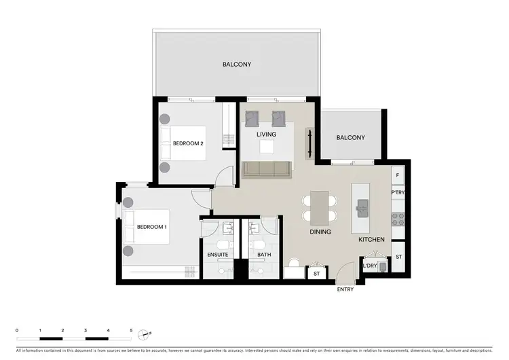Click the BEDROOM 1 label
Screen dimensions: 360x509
point(151,226)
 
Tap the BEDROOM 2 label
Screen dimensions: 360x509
point(188,143)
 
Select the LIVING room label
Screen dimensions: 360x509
point(266,134)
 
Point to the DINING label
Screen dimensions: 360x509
point(320,232)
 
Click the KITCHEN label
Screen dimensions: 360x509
point(372,239)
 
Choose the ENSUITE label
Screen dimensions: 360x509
point(217,255)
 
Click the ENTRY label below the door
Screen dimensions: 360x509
point(345,289)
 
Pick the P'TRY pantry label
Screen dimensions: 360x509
point(398,193)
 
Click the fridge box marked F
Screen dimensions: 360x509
point(398,175)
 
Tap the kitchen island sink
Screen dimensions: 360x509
point(360,206)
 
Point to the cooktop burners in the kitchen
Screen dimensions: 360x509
point(398,219)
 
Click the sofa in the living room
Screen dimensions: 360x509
point(267,169)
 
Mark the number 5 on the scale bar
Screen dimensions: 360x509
point(131,329)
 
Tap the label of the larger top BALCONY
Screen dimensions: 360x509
point(237,65)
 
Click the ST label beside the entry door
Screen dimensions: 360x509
point(316,274)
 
